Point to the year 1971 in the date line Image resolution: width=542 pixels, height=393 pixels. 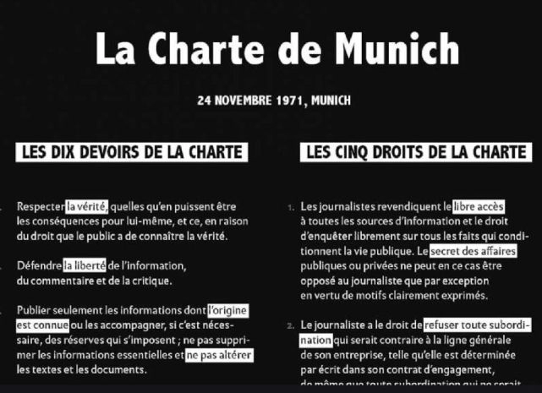point(287,100)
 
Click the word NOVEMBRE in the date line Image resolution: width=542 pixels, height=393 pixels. point(243,100)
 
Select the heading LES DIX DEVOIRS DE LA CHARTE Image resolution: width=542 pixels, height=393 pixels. point(131,154)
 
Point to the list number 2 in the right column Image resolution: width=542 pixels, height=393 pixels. point(290,325)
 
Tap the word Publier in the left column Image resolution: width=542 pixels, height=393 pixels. point(34,310)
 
